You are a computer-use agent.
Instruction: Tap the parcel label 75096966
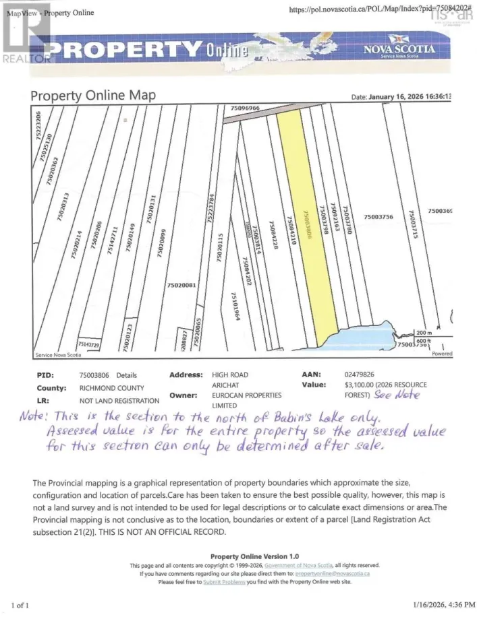click(x=244, y=108)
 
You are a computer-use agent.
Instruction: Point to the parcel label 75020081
click(x=181, y=286)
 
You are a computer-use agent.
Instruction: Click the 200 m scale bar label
click(x=423, y=333)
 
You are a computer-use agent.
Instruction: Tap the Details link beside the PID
click(x=126, y=375)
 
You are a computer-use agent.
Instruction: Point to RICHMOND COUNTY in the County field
click(x=111, y=388)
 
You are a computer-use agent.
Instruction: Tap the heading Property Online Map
click(x=93, y=96)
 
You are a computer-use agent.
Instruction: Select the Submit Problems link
click(x=223, y=581)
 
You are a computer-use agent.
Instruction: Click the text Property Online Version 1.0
click(x=254, y=556)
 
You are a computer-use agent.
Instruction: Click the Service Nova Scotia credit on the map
click(x=58, y=354)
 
